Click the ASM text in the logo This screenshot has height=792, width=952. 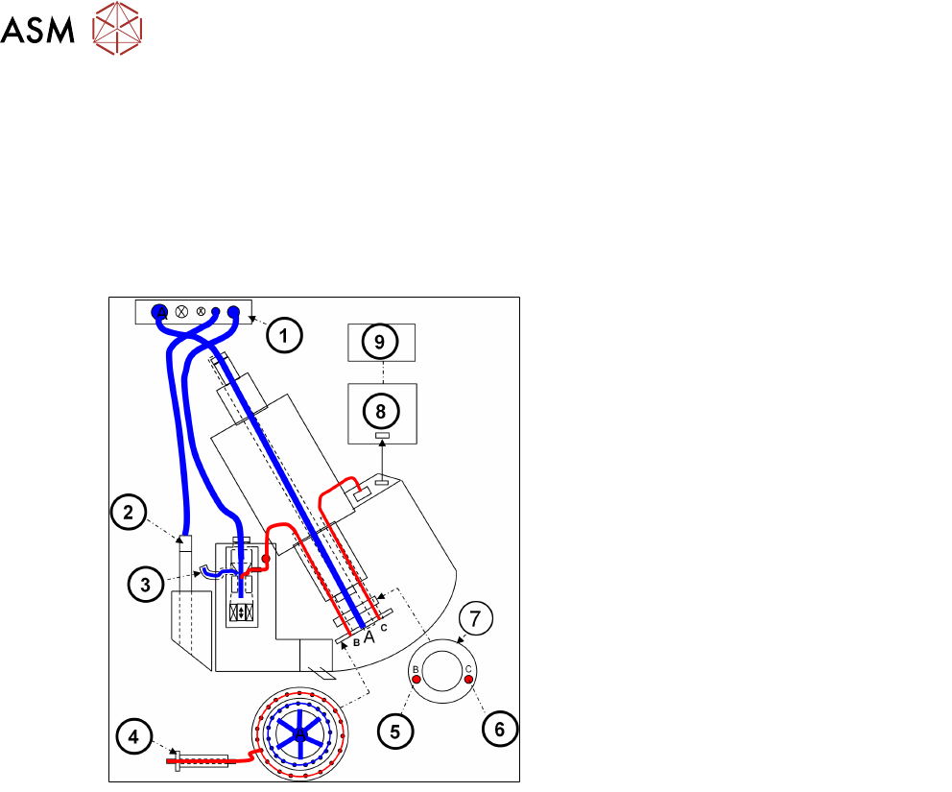(x=37, y=30)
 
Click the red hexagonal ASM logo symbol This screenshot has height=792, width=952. (x=117, y=28)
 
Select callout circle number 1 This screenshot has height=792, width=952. (x=284, y=335)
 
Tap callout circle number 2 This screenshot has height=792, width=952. (x=128, y=512)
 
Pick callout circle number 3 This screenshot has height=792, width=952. (x=146, y=585)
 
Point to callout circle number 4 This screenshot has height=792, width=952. (x=133, y=736)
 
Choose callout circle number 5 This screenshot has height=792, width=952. (x=395, y=731)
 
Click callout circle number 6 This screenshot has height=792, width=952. (x=500, y=729)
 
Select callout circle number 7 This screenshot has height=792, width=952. (x=475, y=619)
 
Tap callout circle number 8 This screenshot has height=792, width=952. (x=381, y=411)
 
